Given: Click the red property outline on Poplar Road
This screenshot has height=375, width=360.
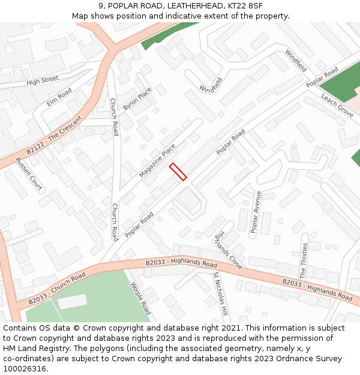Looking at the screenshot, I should pos(178,171).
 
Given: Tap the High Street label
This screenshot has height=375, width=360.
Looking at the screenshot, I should pos(43,80).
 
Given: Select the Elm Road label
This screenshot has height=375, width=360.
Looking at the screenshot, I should pos(59,97).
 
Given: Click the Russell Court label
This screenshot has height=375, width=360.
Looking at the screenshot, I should pos(28,174).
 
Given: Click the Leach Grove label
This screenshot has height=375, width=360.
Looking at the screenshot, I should pos(337,105).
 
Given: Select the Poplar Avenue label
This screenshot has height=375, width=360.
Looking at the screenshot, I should pos(256,211).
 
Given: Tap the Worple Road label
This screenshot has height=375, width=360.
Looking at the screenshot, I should pos(140,298).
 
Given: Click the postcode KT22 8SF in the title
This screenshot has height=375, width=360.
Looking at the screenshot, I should pos(245,6).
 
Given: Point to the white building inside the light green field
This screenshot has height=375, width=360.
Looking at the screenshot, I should pos(72,301).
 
